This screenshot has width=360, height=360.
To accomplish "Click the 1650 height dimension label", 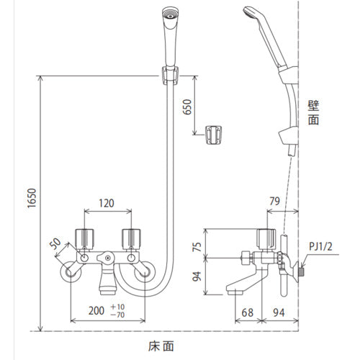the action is [x=32, y=198].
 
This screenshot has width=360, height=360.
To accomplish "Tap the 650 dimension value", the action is [x=187, y=107].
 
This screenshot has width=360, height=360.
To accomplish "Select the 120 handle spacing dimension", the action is [x=107, y=203].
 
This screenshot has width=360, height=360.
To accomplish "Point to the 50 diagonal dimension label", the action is [x=55, y=243].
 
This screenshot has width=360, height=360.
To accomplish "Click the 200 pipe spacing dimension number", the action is [x=96, y=311].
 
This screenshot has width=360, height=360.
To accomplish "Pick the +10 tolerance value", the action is [x=117, y=307].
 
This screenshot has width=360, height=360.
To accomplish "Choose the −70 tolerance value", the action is [x=117, y=315].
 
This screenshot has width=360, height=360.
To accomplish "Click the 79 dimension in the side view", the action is [x=275, y=201].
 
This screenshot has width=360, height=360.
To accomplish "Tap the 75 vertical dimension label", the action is [x=197, y=247].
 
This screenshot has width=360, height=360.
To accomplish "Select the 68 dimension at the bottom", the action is [x=248, y=312].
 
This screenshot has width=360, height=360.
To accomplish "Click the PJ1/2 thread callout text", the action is [x=320, y=246].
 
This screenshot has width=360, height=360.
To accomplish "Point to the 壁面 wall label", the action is [x=313, y=113].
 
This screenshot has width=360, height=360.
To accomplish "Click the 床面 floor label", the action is [x=161, y=346].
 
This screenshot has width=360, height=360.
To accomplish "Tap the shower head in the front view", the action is [x=170, y=36].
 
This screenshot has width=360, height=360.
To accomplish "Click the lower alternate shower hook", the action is [x=213, y=135].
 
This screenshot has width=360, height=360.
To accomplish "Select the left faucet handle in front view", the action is [x=84, y=239].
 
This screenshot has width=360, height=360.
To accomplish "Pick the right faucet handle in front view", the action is [x=131, y=239].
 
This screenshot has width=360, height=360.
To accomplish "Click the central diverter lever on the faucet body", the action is [x=106, y=258].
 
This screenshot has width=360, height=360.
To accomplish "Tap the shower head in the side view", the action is [x=265, y=36].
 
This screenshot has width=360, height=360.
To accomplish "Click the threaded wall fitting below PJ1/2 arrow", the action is [x=302, y=271].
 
